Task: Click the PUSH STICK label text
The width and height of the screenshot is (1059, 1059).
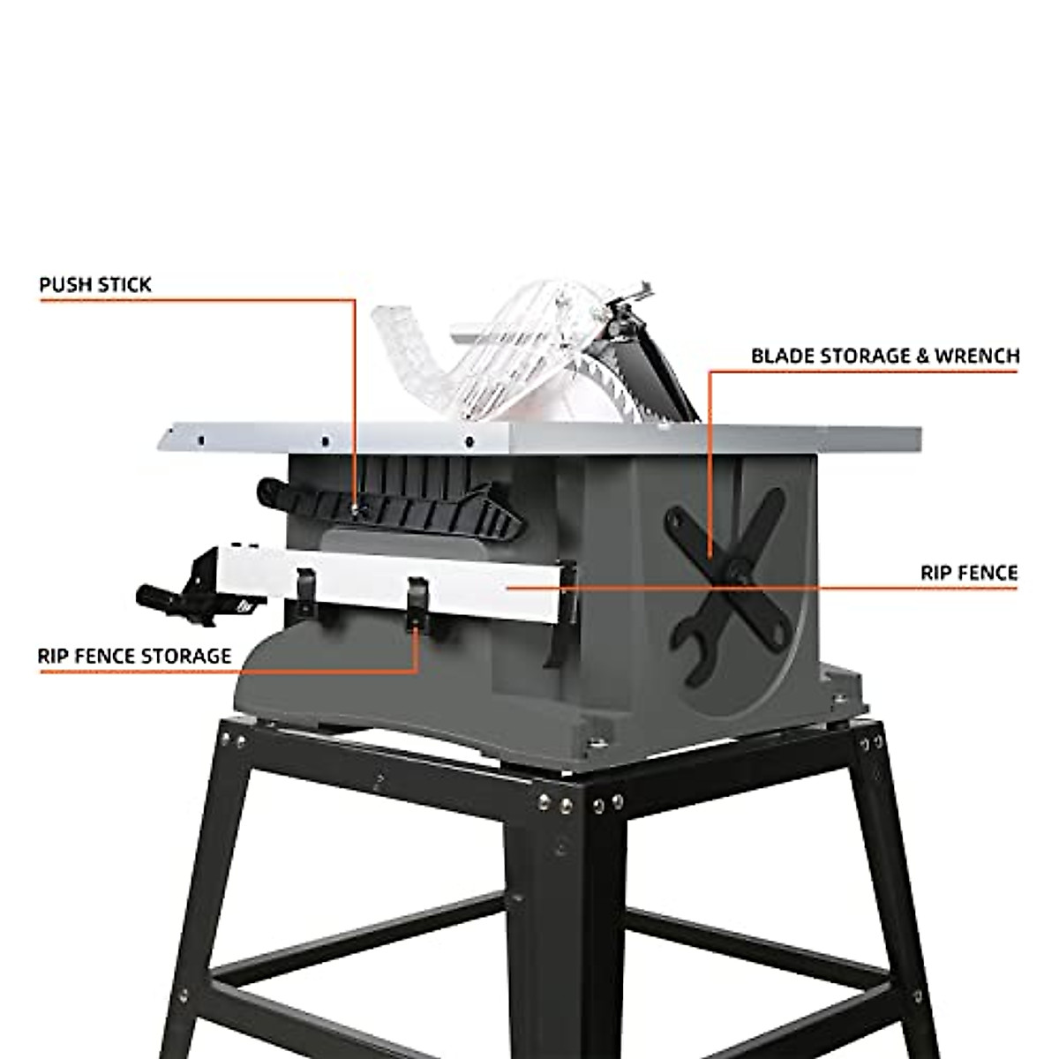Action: (94, 285)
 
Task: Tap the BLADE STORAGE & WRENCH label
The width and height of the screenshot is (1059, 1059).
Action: (884, 357)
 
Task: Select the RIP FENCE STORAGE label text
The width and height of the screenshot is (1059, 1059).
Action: (134, 657)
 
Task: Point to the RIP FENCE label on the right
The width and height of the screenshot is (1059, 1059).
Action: (968, 574)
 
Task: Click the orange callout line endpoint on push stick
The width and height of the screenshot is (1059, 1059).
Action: (355, 507)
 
